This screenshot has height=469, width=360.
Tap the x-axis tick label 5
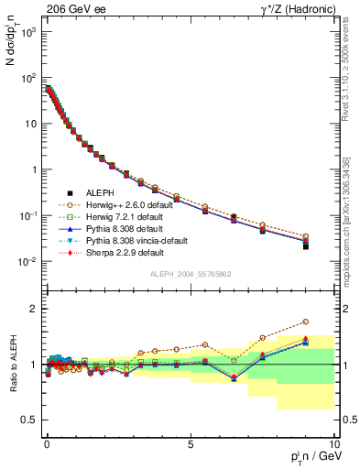click(190, 442)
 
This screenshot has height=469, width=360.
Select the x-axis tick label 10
click(333, 442)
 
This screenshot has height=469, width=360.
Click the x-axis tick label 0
click(47, 442)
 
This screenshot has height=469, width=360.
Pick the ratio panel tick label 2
click(33, 309)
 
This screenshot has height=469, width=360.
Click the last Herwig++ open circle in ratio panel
click(331, 322)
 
